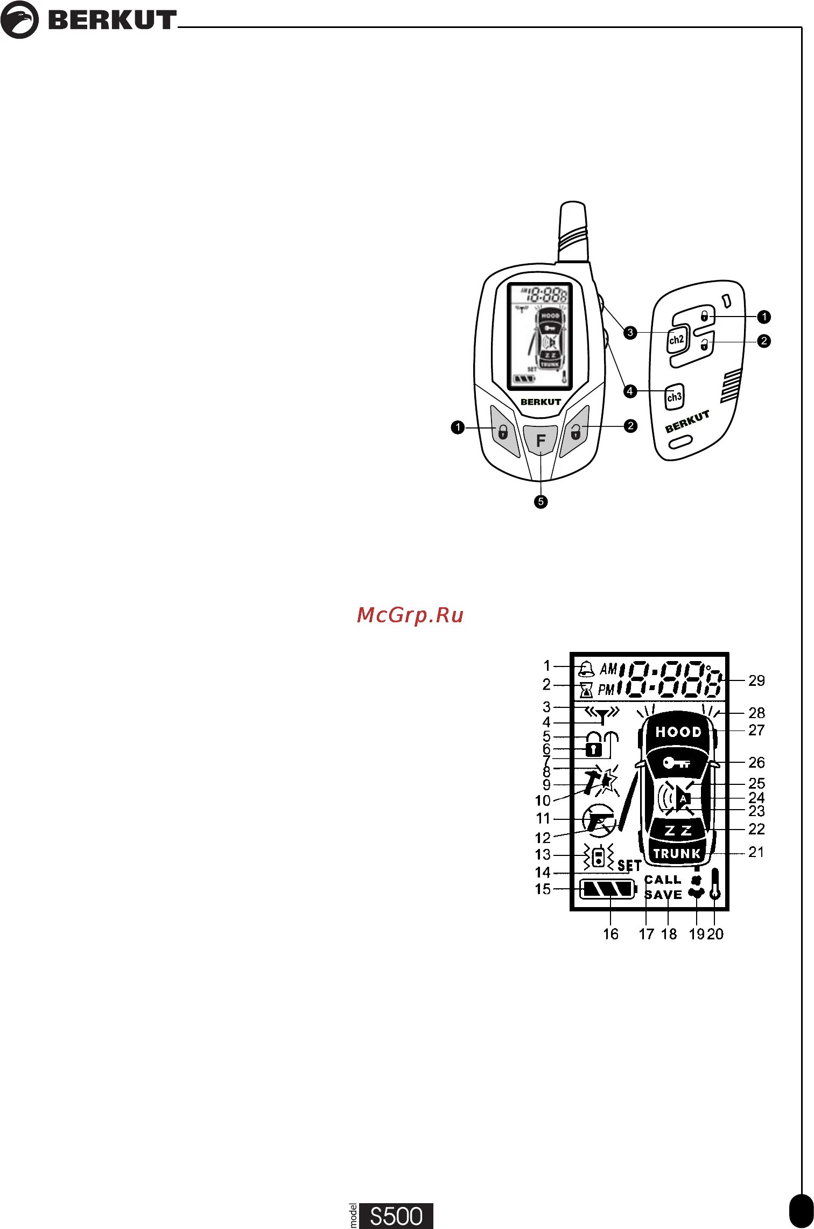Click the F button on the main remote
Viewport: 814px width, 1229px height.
tap(541, 441)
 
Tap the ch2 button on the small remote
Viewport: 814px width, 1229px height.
tap(676, 340)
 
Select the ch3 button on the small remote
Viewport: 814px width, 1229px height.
tap(674, 397)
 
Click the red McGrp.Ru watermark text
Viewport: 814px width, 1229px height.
tap(410, 615)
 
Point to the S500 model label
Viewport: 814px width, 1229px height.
tap(396, 1216)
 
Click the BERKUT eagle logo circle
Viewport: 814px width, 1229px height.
tap(19, 20)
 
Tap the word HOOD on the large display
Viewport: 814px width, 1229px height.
tap(678, 732)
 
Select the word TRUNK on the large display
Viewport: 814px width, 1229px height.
tap(677, 853)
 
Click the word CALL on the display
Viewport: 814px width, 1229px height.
tap(663, 880)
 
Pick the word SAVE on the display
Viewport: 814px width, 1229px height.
tap(663, 895)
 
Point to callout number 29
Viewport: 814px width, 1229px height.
tap(756, 680)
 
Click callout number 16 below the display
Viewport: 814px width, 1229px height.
tap(610, 934)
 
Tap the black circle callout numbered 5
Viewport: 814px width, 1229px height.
tap(541, 502)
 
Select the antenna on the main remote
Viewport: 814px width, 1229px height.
tap(573, 231)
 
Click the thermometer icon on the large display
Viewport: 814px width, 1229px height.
tap(715, 884)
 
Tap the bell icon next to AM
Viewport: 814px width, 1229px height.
tap(586, 669)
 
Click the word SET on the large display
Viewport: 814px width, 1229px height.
tap(629, 865)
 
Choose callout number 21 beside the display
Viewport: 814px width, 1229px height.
tap(756, 852)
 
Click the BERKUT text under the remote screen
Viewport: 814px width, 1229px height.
tap(541, 402)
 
